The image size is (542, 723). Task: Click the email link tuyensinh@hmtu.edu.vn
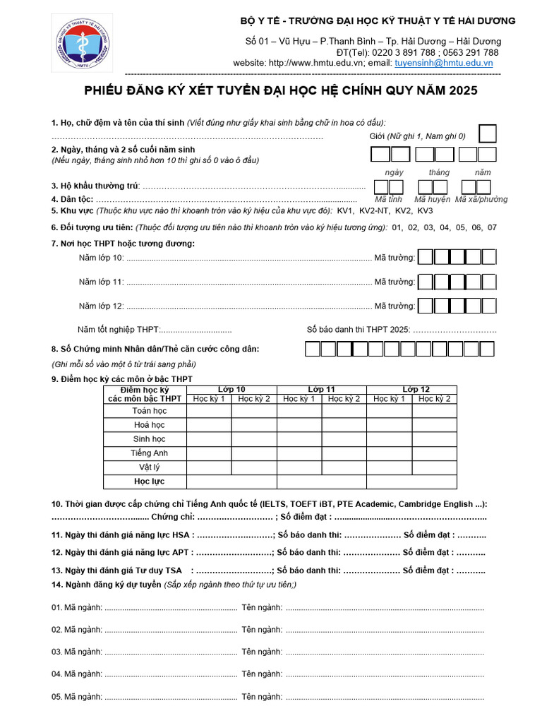click(x=443, y=63)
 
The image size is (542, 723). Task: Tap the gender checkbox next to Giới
click(x=487, y=133)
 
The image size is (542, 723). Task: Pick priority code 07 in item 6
click(x=492, y=227)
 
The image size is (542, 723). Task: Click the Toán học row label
click(x=150, y=411)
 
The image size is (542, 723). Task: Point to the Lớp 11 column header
click(x=321, y=390)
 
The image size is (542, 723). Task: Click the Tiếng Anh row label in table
click(x=150, y=453)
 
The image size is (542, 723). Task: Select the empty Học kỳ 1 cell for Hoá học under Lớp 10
click(x=209, y=425)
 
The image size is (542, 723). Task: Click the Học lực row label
click(x=150, y=482)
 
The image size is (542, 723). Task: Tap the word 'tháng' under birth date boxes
click(x=439, y=172)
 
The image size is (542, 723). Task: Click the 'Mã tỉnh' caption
click(x=388, y=199)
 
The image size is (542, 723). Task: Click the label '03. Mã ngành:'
click(x=77, y=652)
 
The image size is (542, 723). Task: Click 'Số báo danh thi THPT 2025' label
click(x=358, y=330)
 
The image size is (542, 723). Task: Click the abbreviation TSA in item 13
click(x=174, y=570)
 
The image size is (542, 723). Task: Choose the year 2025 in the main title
click(x=459, y=90)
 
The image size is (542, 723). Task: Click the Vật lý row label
click(x=150, y=467)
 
